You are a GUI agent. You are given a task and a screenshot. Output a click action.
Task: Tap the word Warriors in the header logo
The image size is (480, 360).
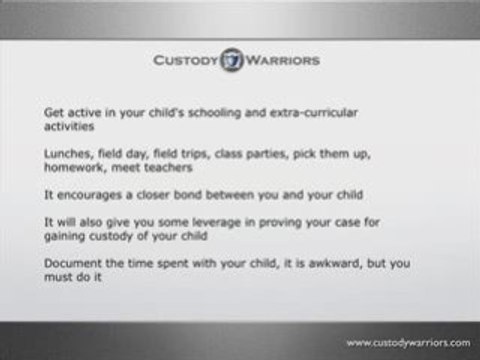tap(284, 61)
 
